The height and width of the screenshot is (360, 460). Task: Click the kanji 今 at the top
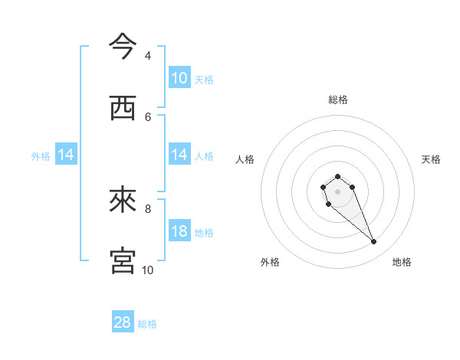tap(122, 45)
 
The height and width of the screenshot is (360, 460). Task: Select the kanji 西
tap(122, 108)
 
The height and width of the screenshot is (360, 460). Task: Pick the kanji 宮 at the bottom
tap(122, 260)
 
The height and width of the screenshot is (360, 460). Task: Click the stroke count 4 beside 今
tap(148, 56)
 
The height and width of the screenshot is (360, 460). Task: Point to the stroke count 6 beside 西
tap(148, 116)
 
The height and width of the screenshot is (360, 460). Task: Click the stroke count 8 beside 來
tap(148, 208)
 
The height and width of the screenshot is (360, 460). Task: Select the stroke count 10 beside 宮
tap(148, 270)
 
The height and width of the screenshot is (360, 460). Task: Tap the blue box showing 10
tap(179, 78)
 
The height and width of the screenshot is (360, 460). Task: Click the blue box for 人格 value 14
tap(179, 155)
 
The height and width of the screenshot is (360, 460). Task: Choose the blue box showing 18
tap(179, 231)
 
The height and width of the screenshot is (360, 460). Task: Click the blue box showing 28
tap(123, 322)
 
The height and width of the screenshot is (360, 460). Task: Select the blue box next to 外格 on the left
tap(66, 155)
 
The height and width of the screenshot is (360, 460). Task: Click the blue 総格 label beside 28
tap(147, 323)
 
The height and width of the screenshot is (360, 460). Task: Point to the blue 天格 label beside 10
tap(204, 79)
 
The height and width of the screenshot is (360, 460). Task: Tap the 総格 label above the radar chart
tap(337, 100)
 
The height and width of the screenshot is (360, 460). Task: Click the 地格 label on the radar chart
tap(402, 262)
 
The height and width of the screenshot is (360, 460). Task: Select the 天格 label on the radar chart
tap(431, 159)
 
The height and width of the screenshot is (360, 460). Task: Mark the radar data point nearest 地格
tap(374, 242)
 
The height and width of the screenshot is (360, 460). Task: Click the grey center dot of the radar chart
tap(337, 191)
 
